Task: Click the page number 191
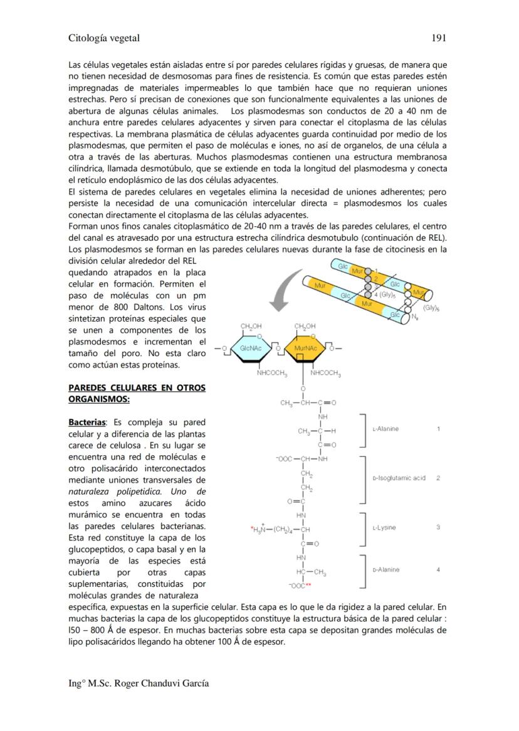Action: (x=439, y=38)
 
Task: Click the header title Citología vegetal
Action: (x=104, y=38)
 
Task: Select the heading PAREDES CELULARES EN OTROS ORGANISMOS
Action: (x=137, y=393)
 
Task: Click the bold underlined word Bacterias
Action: (x=87, y=422)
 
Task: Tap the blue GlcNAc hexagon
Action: (x=250, y=347)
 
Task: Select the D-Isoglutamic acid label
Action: (x=399, y=478)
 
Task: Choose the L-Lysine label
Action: (x=384, y=527)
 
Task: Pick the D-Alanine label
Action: (x=385, y=570)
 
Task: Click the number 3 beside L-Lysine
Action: (x=438, y=527)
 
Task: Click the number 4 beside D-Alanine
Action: (x=438, y=570)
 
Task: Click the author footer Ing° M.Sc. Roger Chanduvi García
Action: (x=139, y=683)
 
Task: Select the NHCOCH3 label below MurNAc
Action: (x=325, y=374)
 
